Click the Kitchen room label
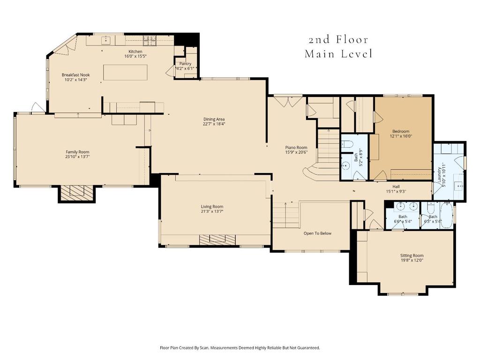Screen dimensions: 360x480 point(135,52)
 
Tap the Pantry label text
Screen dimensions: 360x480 point(185,64)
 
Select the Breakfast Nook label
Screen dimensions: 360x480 point(75,75)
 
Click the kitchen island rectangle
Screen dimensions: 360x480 point(125,72)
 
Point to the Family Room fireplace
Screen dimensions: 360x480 point(77,192)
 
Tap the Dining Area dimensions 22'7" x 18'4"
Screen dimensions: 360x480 point(214,124)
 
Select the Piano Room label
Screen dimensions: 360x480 point(296,147)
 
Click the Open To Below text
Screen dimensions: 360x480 point(317,233)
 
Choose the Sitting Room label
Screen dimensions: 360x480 point(412,255)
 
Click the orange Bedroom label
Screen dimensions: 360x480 point(400,131)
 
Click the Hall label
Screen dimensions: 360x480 point(396,186)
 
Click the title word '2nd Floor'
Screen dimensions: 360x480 point(338,40)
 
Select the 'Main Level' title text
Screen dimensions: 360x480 point(338,54)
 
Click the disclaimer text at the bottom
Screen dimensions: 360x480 point(240,348)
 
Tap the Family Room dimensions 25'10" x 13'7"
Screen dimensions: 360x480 point(77,157)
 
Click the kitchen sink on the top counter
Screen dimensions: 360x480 point(105,41)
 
